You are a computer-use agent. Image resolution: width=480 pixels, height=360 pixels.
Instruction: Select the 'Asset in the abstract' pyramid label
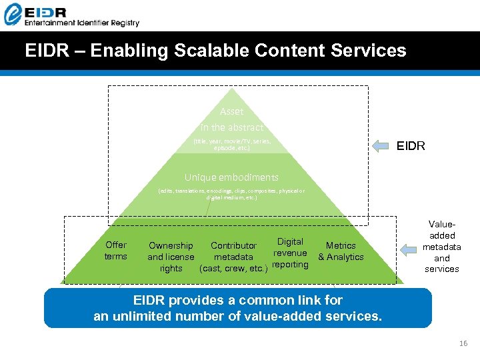(x=231, y=119)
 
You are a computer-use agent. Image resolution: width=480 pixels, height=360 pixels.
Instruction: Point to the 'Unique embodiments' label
(x=231, y=177)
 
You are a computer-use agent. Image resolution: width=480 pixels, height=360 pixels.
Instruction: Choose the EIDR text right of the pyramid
(x=411, y=146)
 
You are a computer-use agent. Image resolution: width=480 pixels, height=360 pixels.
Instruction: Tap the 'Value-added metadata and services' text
(x=442, y=247)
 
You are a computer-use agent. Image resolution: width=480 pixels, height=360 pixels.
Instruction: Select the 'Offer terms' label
(x=115, y=251)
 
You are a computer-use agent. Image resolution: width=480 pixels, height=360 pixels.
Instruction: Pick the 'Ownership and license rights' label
(x=171, y=257)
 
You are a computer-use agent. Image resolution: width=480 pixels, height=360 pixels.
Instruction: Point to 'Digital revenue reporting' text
(x=291, y=253)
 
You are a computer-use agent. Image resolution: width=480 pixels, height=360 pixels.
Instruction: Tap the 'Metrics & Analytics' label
(x=341, y=251)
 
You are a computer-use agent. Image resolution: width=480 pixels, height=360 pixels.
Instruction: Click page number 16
(x=463, y=343)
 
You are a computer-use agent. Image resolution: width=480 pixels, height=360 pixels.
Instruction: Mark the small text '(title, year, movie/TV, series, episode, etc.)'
(x=232, y=145)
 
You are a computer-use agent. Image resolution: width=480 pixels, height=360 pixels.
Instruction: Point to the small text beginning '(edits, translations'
(x=231, y=194)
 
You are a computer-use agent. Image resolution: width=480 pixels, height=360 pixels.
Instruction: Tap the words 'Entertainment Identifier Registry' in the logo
(x=81, y=23)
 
